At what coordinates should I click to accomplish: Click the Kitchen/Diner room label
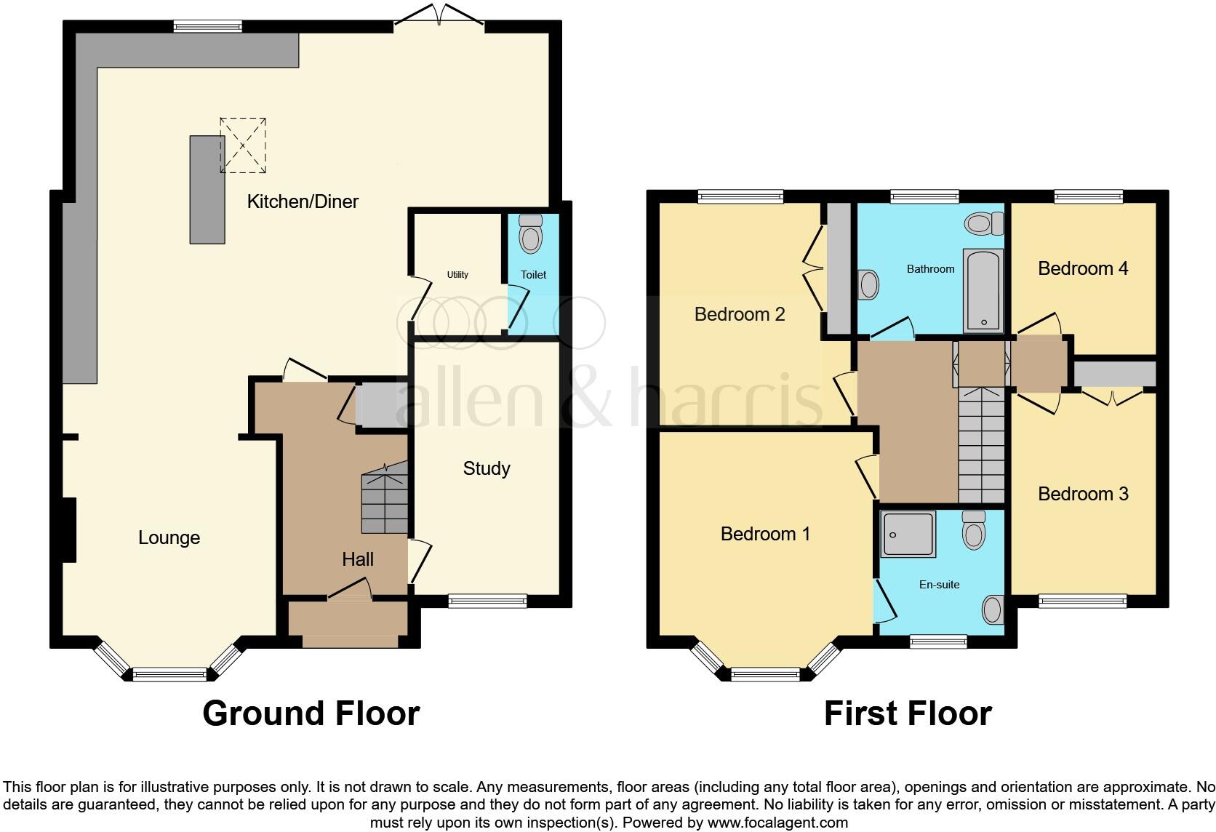[303, 201]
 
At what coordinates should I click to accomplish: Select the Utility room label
[457, 274]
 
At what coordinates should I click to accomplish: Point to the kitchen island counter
[207, 189]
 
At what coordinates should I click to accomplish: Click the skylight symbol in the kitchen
[243, 145]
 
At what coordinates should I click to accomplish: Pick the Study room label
[486, 468]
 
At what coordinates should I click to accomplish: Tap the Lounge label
[169, 537]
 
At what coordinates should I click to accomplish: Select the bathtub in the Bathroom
[983, 289]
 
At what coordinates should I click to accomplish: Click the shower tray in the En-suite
[908, 535]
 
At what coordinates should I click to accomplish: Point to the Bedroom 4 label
[1082, 268]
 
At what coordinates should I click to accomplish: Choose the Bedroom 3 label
[1082, 494]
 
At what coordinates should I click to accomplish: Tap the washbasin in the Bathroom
[869, 284]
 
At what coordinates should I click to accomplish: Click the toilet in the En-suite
[973, 530]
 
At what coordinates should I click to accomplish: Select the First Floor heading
[907, 713]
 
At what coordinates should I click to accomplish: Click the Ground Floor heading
[311, 713]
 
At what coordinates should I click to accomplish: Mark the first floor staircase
[981, 444]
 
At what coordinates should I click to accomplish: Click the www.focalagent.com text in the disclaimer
[777, 823]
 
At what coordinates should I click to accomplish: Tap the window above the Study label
[487, 601]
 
